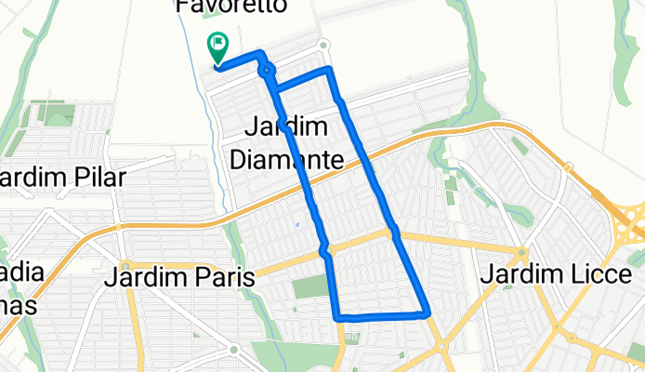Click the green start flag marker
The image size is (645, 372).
tap(217, 43)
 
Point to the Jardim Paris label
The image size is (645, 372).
tap(180, 276)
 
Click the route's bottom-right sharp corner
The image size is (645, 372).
tap(428, 313)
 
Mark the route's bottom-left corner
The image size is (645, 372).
tap(336, 317)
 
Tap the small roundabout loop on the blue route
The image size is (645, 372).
tap(268, 70)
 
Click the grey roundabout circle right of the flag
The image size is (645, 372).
tap(323, 46)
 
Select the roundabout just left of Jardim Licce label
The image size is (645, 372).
tap(523, 252)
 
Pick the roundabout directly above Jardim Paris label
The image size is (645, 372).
tap(125, 263)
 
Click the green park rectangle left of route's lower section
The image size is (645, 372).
tap(310, 286)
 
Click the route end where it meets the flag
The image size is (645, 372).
tap(217, 65)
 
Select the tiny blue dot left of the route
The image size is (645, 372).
tap(296, 224)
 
